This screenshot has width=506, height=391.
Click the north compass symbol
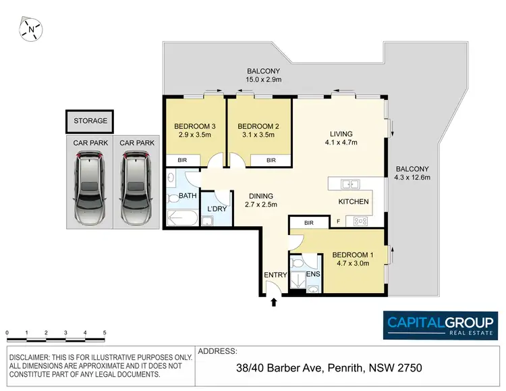click(x=31, y=29)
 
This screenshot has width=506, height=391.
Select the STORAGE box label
click(x=90, y=121)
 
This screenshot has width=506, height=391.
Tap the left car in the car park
click(x=90, y=188)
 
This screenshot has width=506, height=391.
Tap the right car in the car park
click(x=134, y=188)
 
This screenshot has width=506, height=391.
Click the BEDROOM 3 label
click(x=194, y=126)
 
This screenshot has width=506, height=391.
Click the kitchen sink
click(x=349, y=184)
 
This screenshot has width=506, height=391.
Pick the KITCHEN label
click(x=354, y=201)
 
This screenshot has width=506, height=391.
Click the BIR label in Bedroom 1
click(x=308, y=222)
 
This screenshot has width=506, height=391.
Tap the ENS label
click(x=312, y=275)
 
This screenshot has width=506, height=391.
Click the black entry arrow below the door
click(x=273, y=303)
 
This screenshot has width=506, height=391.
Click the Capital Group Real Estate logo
click(x=441, y=325)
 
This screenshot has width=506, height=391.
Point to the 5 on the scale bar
click(x=105, y=333)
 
